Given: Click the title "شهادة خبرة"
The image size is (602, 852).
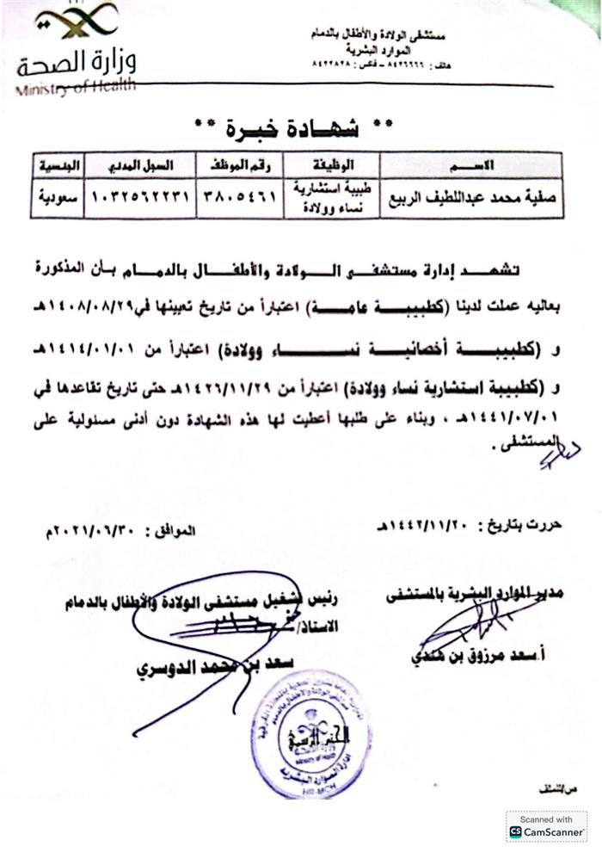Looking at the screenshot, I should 295,129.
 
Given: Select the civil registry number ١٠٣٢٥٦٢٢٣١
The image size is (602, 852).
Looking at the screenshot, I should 139,196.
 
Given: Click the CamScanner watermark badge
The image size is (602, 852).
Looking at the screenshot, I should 547,825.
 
